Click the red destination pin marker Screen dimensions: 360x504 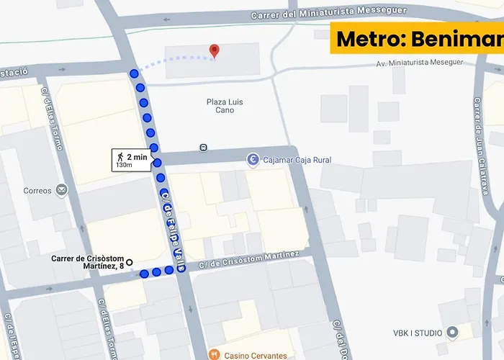point(214,50)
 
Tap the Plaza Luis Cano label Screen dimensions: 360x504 point(224,106)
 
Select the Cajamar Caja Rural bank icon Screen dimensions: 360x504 point(253,160)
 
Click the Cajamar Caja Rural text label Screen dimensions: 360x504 point(297,160)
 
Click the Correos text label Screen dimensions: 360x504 point(37,191)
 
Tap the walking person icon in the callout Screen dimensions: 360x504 point(119,157)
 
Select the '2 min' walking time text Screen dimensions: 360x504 point(137,157)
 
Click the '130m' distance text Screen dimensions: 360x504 point(124,166)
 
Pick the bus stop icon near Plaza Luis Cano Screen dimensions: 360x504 point(204,148)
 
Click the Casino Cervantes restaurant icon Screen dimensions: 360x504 point(214,355)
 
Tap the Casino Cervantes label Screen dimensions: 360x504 point(256,356)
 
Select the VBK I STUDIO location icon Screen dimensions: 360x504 point(452,332)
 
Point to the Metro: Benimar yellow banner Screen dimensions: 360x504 point(417,38)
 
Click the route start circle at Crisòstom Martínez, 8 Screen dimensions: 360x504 point(130,262)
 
